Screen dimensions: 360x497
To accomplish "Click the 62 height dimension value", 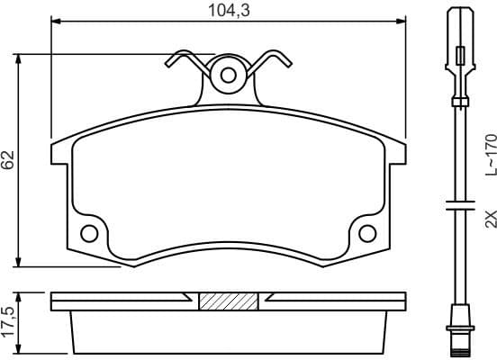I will point(9,160).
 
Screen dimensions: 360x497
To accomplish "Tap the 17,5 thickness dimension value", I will point(9,322).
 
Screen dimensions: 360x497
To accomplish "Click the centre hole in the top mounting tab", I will point(228,74).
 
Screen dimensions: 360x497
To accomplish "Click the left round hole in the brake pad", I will point(89,234).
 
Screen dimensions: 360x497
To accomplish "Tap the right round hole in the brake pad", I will point(366,234).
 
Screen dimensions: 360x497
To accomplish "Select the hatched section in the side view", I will point(228,301).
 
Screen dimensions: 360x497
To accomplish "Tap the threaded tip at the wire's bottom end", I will point(459,341).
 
